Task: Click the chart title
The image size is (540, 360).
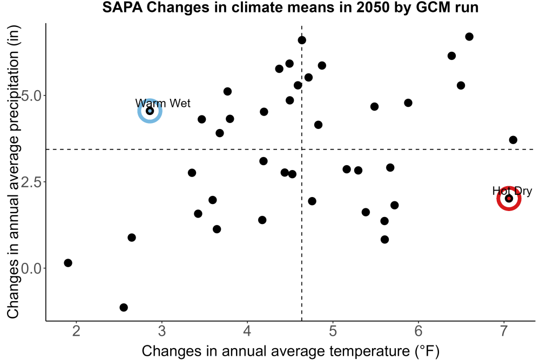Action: [291, 7]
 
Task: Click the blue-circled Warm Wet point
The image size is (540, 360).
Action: [150, 111]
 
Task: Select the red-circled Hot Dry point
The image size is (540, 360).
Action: [509, 198]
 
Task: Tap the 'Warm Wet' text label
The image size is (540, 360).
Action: [163, 103]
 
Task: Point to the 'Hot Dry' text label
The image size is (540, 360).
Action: [512, 191]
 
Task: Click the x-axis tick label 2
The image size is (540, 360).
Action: [76, 331]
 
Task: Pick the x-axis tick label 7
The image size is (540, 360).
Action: [504, 331]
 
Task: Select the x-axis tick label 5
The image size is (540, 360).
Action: [333, 331]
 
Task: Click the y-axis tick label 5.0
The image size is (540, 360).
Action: [31, 96]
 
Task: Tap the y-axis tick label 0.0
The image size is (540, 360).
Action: [31, 268]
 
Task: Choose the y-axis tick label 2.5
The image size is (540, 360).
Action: [31, 182]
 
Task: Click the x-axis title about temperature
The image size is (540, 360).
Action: [291, 351]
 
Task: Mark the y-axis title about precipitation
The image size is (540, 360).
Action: [13, 172]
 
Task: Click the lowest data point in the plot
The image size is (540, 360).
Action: [124, 307]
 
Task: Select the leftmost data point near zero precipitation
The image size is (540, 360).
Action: [68, 263]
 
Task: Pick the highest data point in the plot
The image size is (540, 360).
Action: [469, 37]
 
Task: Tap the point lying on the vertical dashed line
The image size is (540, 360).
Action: [302, 40]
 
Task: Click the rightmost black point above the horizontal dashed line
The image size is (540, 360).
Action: [513, 140]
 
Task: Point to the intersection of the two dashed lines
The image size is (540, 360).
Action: [302, 150]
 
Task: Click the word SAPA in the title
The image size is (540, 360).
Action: [123, 7]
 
